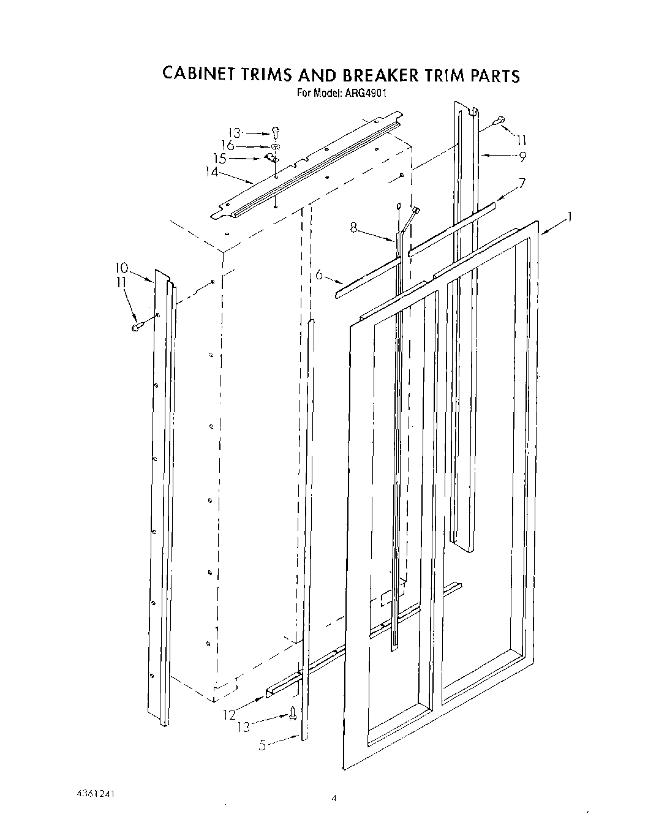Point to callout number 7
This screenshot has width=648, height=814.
[522, 182]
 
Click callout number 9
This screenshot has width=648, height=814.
[522, 156]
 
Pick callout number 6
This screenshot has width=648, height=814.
[319, 276]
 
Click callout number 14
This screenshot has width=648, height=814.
[211, 172]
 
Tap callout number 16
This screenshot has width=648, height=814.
[227, 146]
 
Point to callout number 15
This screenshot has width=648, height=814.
[219, 159]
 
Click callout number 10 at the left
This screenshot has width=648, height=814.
[121, 267]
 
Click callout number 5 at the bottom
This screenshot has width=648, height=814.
[262, 745]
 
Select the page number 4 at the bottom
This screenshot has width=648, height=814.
[334, 798]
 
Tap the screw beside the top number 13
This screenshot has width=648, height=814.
[275, 131]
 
